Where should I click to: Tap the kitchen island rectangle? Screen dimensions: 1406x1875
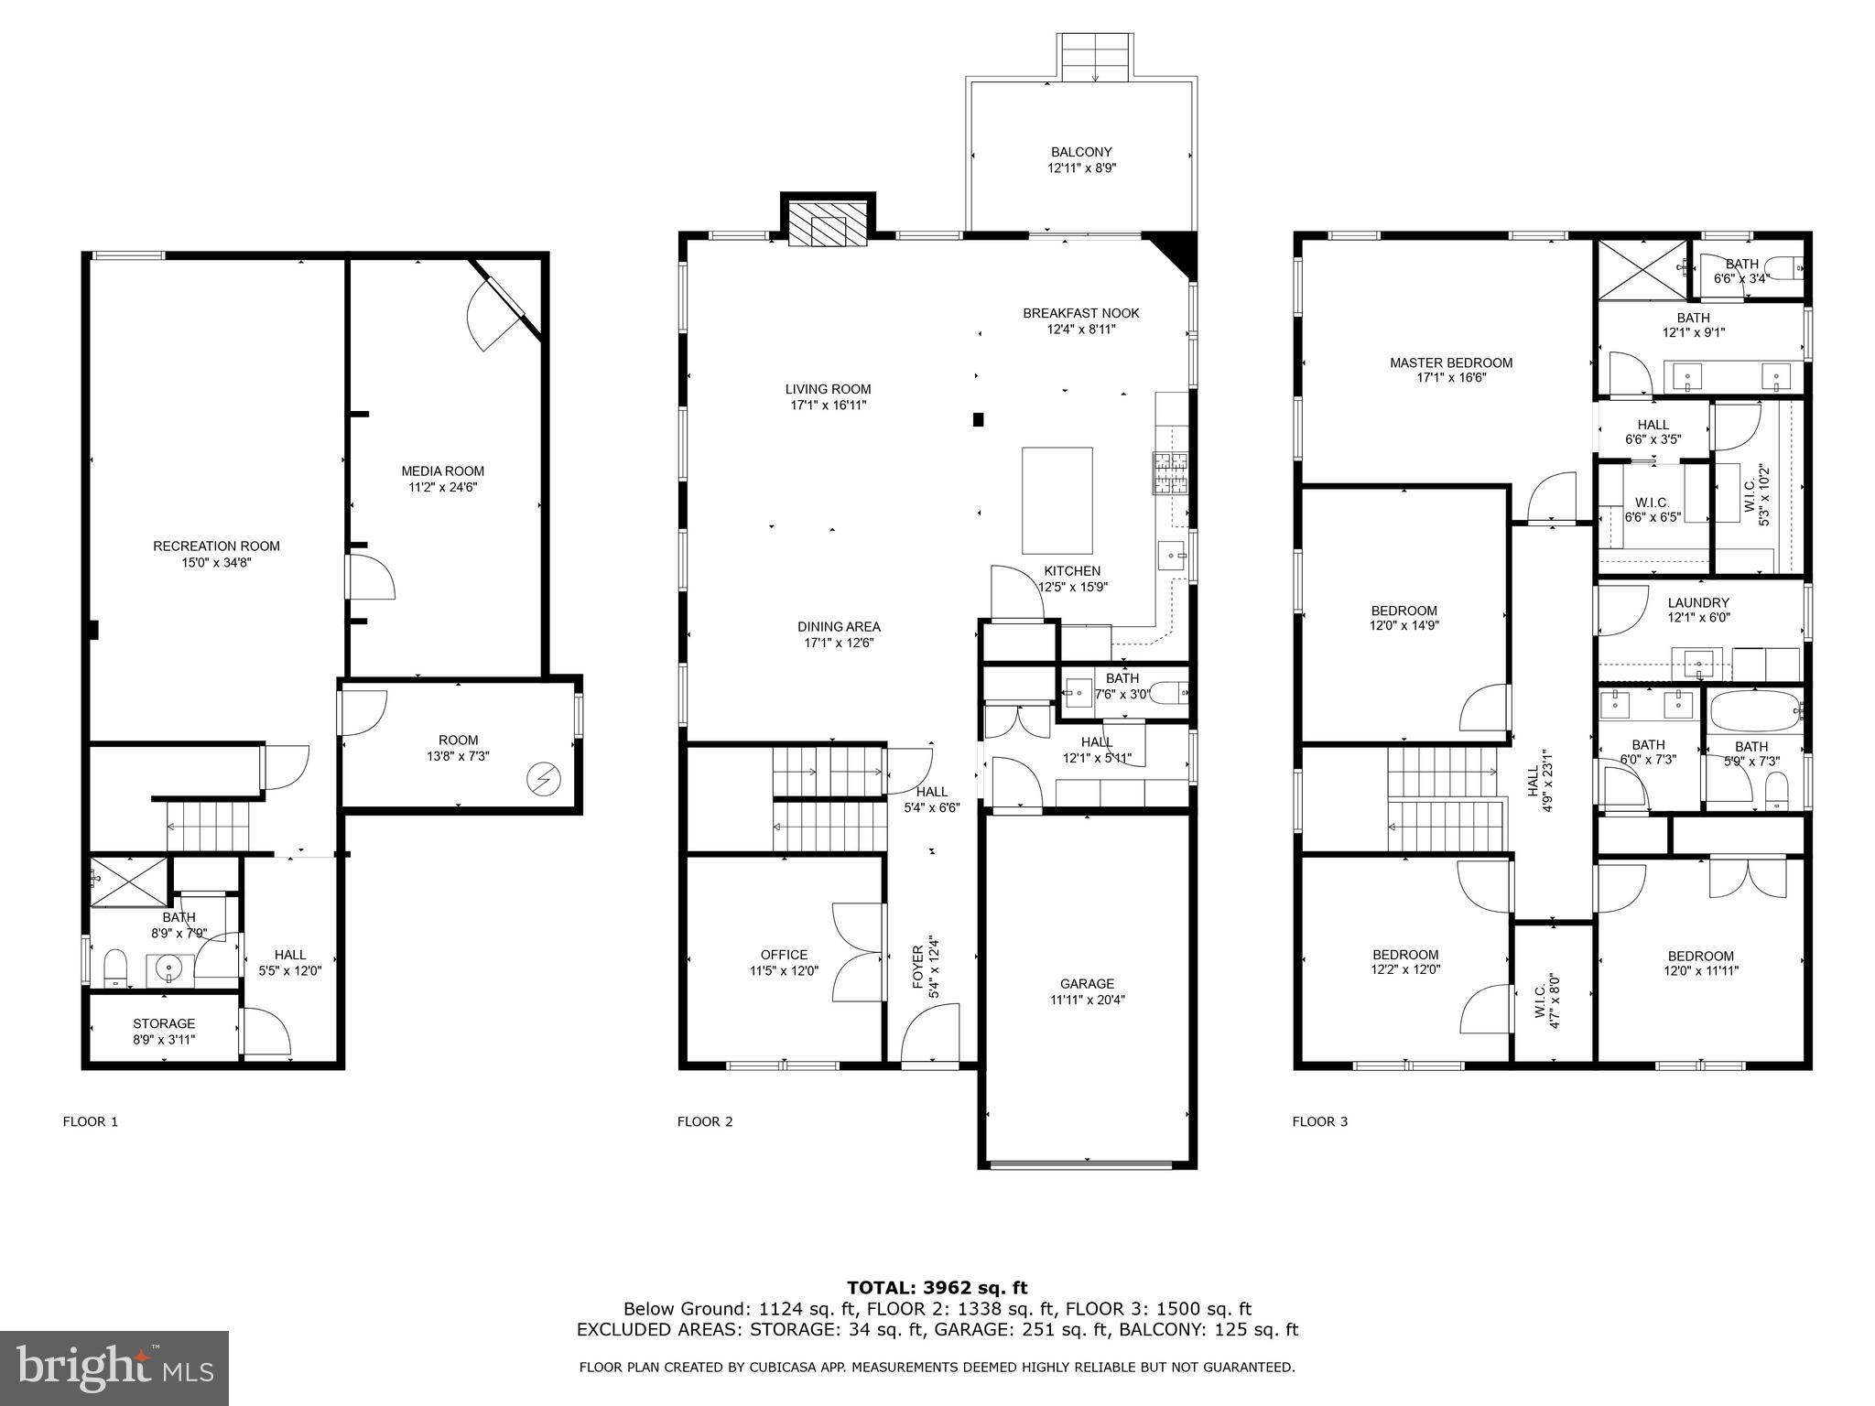[x=1057, y=500]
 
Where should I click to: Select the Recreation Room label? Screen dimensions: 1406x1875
[x=216, y=546]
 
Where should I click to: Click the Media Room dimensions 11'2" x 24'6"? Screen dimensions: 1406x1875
[x=443, y=488]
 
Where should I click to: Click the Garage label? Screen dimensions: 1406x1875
[x=1088, y=984]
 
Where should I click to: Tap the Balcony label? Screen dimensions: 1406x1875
[x=1081, y=152]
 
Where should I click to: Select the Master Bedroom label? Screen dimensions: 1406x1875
[x=1451, y=362]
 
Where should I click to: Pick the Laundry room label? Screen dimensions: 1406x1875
[x=1698, y=602]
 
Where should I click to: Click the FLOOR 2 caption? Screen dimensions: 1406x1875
[x=705, y=1121]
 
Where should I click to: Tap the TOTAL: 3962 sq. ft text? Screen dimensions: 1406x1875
[x=937, y=1289]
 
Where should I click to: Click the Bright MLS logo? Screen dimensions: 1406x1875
[x=114, y=1369]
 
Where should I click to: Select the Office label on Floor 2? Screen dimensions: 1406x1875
[x=784, y=955]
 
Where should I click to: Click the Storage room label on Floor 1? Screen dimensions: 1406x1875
[x=164, y=1023]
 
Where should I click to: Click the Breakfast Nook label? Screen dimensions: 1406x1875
[x=1081, y=313]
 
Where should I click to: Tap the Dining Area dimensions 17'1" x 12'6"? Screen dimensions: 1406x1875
[x=839, y=644]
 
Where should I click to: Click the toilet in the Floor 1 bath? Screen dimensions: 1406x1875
[x=114, y=968]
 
